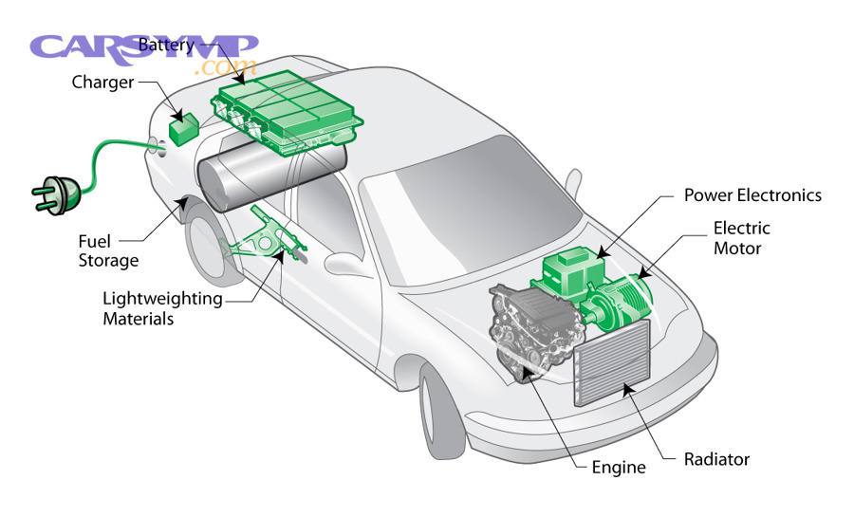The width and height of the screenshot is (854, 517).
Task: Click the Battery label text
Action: click(166, 45)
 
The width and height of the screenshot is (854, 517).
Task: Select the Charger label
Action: click(103, 82)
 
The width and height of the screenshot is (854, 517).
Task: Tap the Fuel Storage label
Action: click(108, 250)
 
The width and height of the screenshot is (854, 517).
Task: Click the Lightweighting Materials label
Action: click(162, 308)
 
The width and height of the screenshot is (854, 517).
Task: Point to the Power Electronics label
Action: click(752, 195)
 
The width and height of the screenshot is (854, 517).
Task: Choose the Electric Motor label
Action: click(741, 238)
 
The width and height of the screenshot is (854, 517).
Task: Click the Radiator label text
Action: click(716, 459)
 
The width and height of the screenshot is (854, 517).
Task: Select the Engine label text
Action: click(618, 467)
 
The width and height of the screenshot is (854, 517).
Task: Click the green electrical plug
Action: click(52, 190)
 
